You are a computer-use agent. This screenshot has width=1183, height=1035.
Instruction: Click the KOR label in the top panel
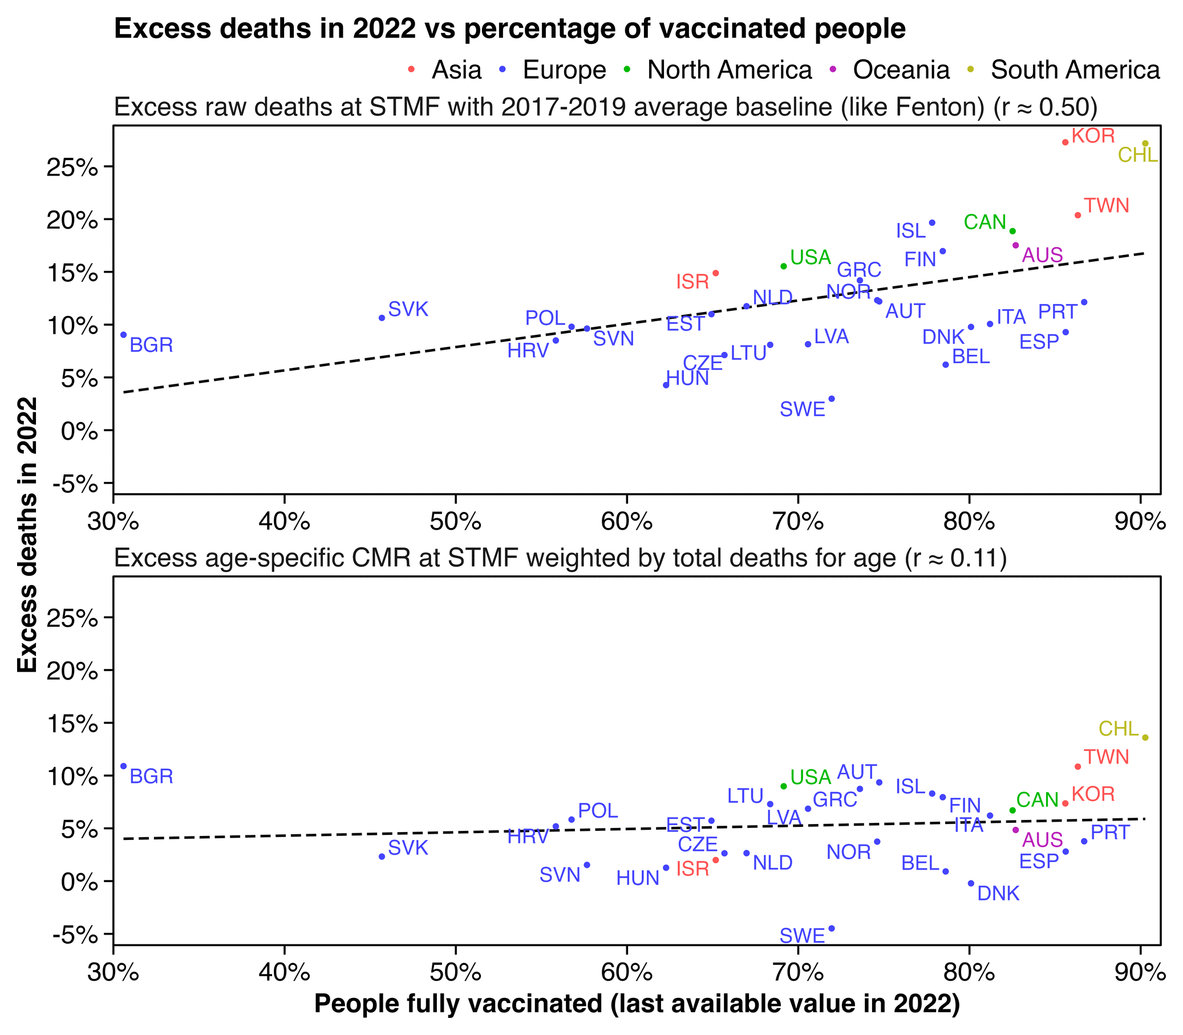[x=1093, y=136]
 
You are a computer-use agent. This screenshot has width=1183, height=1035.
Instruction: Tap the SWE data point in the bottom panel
[x=832, y=928]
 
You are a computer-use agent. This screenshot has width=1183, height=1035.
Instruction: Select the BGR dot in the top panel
[x=124, y=335]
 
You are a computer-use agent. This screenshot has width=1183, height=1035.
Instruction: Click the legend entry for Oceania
[x=901, y=70]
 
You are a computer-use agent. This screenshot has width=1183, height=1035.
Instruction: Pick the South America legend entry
[x=1075, y=70]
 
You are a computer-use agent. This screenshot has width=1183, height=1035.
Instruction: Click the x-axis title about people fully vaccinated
[x=637, y=1004]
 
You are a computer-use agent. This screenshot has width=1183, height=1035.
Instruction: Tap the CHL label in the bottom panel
[x=1119, y=729]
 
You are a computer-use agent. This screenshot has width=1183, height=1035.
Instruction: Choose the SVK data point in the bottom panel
[x=382, y=857]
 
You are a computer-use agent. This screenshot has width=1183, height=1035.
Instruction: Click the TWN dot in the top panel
[x=1077, y=216]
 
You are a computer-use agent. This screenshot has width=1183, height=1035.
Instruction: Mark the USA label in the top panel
[x=811, y=258]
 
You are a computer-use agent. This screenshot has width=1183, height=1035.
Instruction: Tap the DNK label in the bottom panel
[x=998, y=894]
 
